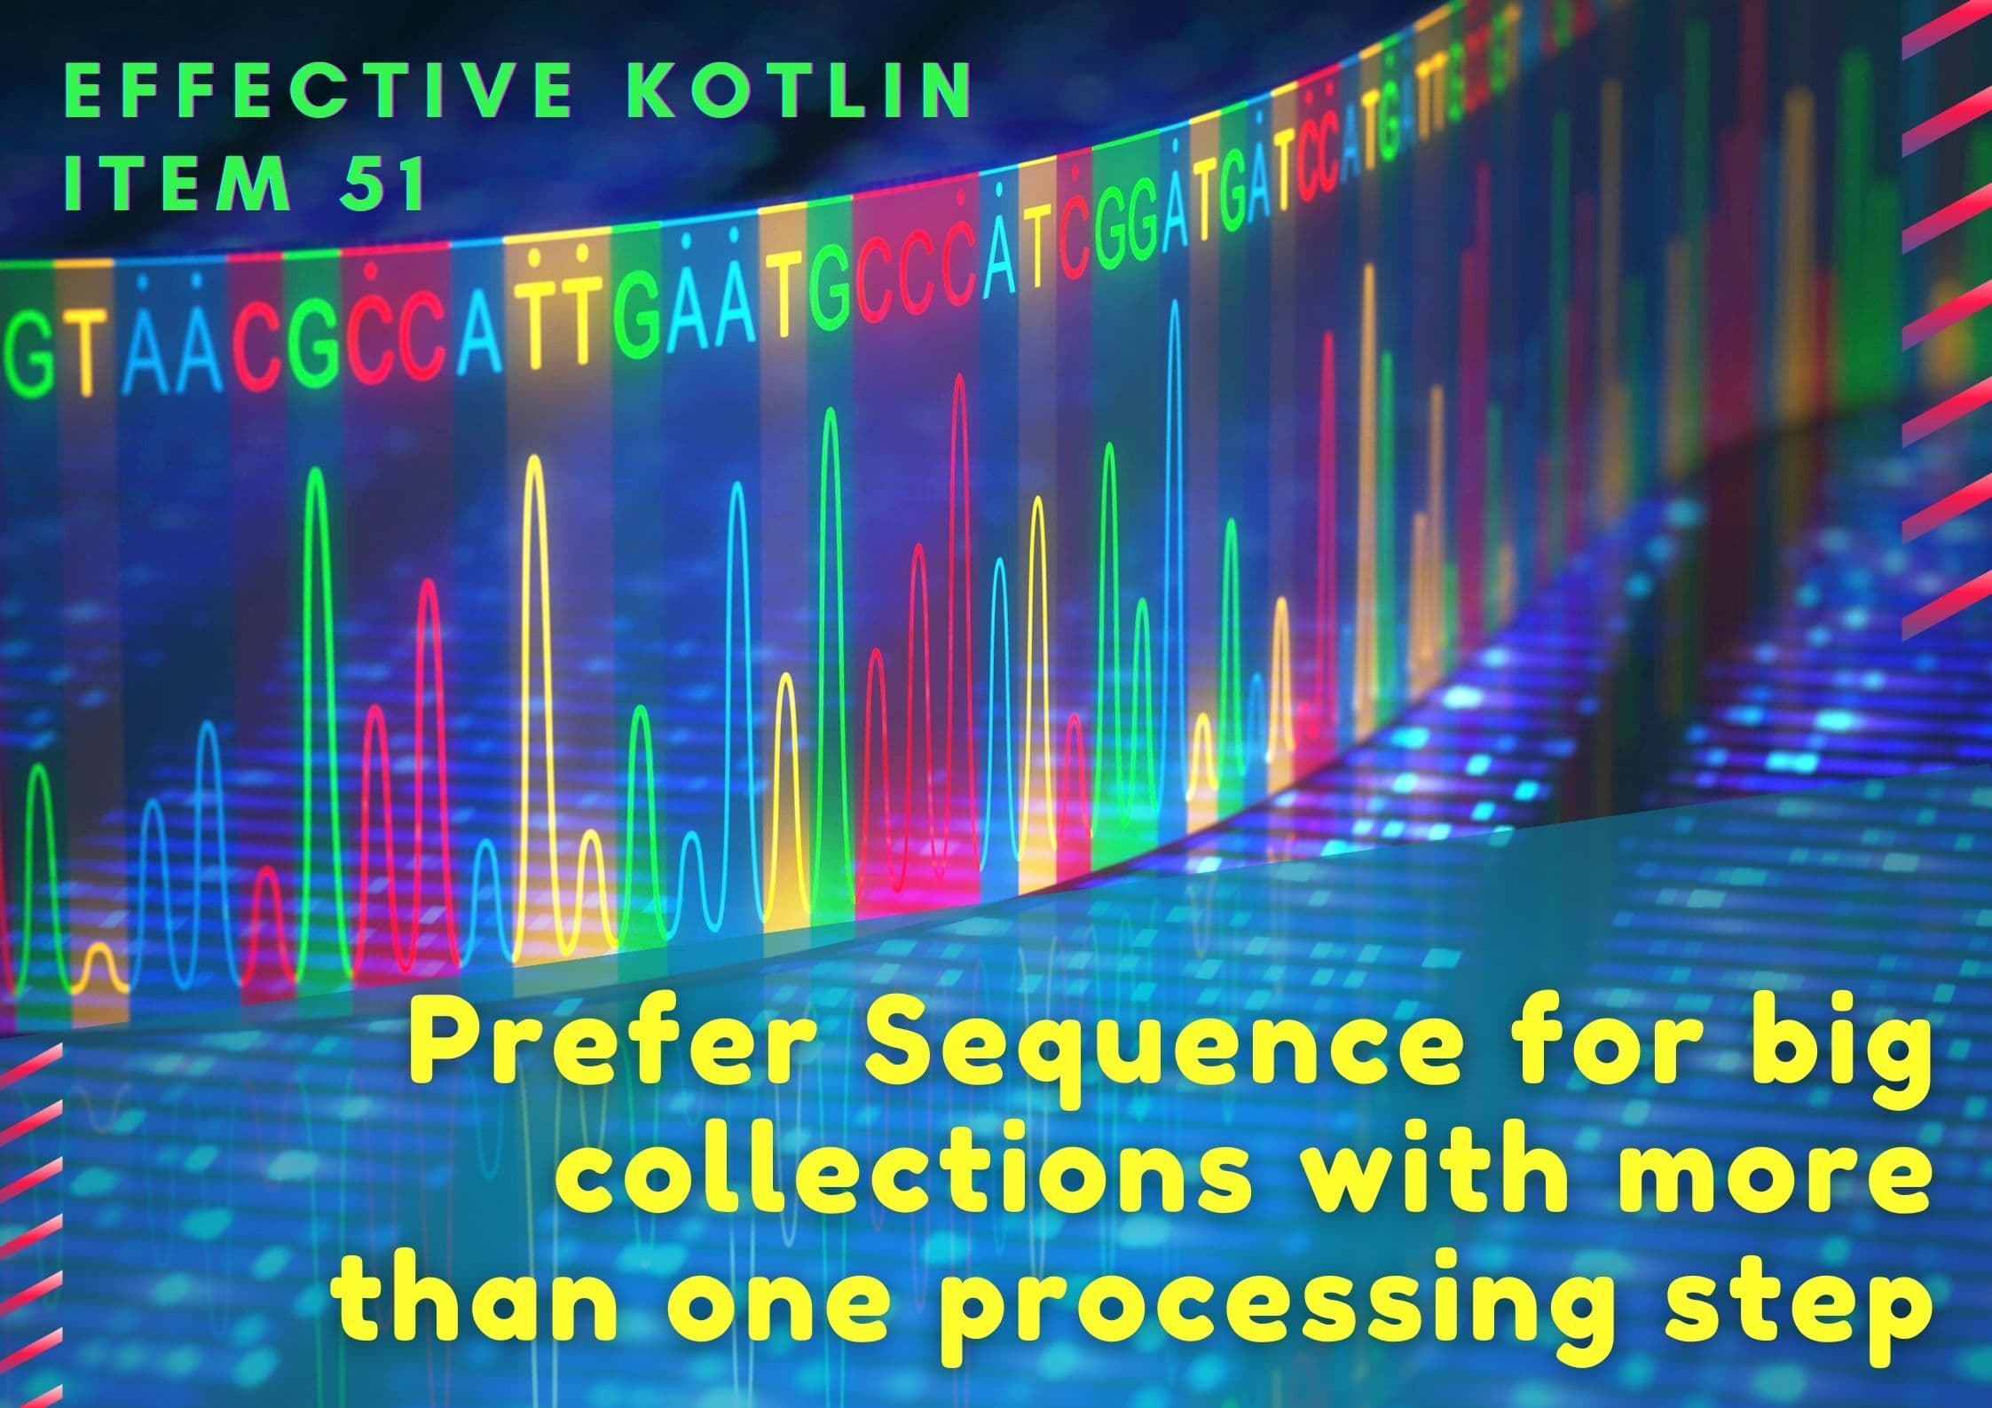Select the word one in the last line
pyautogui.click(x=780, y=1310)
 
